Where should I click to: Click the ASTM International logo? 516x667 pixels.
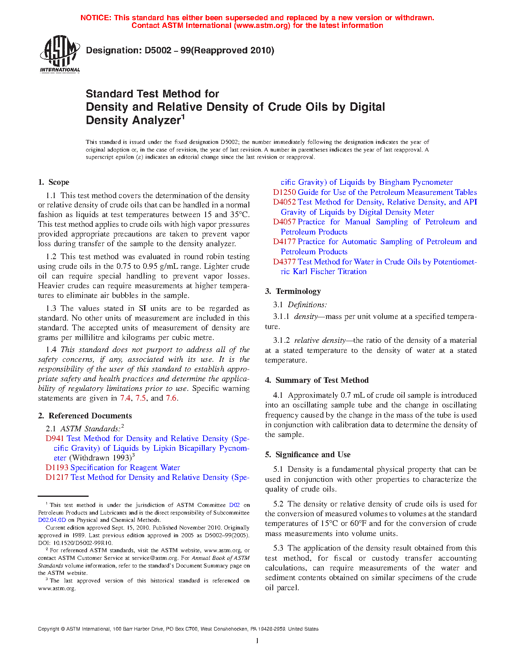[x=60, y=54]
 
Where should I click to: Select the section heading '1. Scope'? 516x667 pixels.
[x=53, y=182]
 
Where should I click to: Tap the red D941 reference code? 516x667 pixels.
[x=55, y=438]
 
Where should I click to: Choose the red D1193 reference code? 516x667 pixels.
[x=57, y=467]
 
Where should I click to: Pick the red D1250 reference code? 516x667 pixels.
[x=284, y=192]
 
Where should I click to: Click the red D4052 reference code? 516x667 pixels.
[x=284, y=202]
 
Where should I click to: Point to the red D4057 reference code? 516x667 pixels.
[x=284, y=222]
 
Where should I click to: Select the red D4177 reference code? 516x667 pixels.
[x=284, y=241]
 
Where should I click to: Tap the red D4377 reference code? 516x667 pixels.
[x=284, y=262]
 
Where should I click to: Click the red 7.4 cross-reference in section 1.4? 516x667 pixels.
[x=125, y=398]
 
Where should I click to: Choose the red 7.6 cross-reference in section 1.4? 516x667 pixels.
[x=171, y=398]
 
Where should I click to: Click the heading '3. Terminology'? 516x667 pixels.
[x=293, y=291]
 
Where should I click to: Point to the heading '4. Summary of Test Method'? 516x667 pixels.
[x=317, y=380]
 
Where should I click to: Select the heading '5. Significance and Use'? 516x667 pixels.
[x=308, y=454]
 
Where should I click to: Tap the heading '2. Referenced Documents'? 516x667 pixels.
[x=85, y=416]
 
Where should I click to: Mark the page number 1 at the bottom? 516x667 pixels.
[x=257, y=640]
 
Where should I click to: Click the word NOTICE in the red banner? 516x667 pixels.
[x=96, y=18]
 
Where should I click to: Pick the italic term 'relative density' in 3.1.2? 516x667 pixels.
[x=320, y=340]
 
